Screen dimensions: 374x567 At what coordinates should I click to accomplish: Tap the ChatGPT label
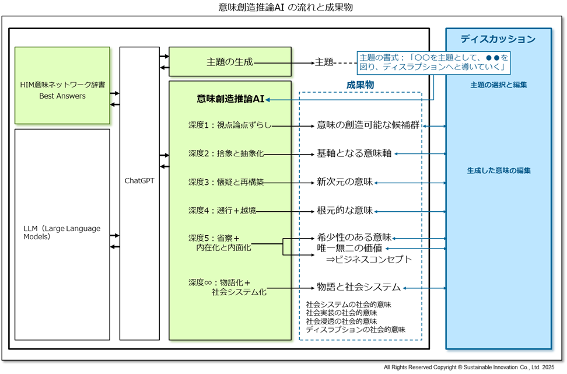[139, 181]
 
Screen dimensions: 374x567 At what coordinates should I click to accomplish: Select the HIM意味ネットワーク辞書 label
[62, 85]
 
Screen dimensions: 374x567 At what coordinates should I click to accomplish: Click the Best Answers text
[62, 96]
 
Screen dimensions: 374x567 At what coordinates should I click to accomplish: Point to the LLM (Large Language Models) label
[62, 233]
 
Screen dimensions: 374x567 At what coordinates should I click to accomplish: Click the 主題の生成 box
[230, 62]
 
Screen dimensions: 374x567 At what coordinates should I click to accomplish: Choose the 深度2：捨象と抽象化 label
[226, 153]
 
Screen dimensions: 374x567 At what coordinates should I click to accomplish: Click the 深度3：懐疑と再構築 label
[226, 182]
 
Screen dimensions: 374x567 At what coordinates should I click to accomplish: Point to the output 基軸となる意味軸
[354, 153]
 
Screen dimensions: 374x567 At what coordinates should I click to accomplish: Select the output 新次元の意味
[344, 182]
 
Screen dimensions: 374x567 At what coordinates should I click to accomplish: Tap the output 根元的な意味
[344, 210]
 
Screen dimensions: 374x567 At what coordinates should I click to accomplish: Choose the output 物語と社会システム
[358, 287]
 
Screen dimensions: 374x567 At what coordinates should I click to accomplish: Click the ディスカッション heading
[498, 39]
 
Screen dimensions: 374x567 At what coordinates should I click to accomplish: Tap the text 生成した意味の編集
[498, 171]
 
